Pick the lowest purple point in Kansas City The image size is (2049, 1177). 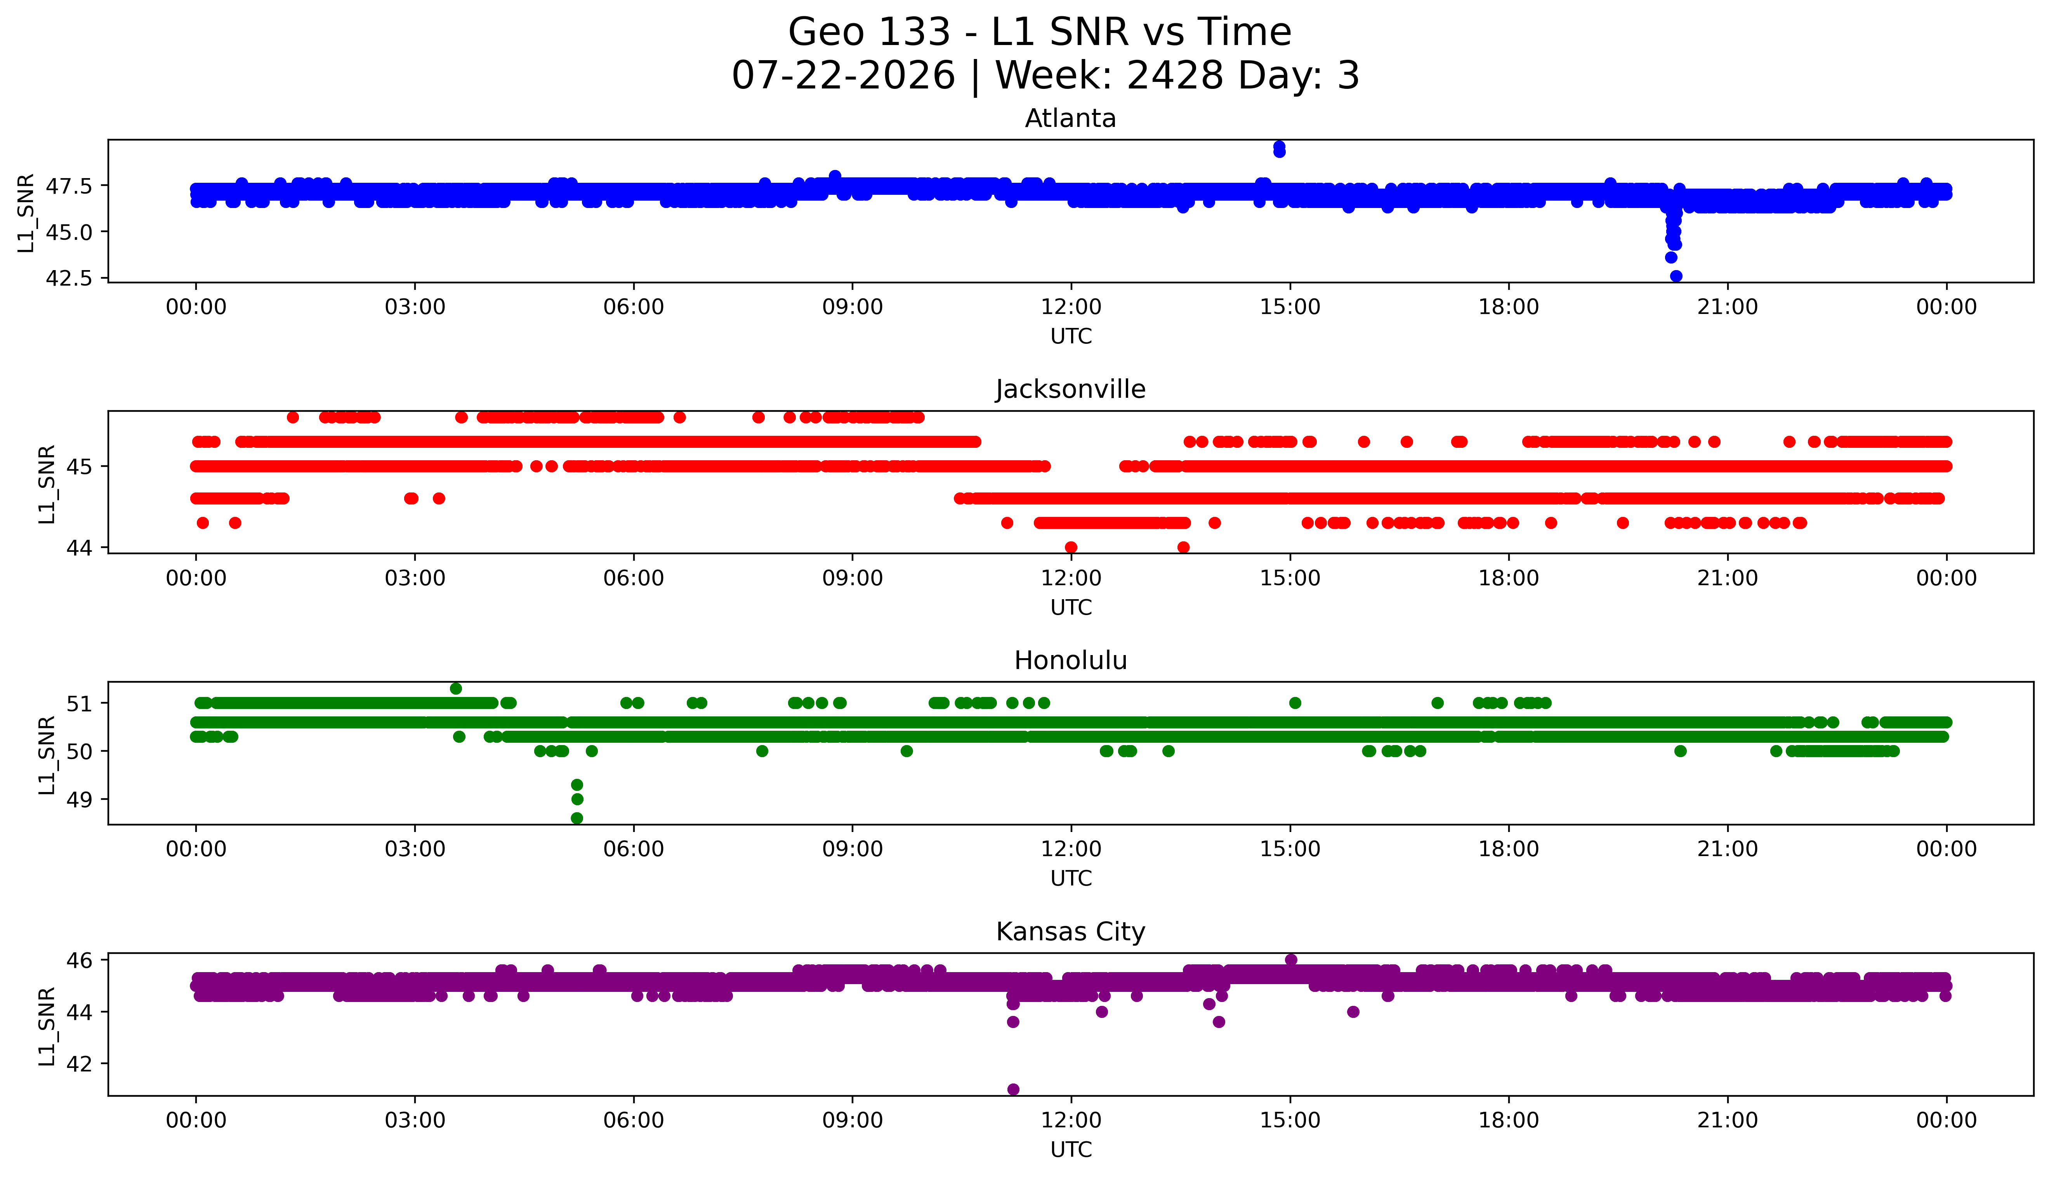coord(1013,1089)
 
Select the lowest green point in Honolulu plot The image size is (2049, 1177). coord(576,818)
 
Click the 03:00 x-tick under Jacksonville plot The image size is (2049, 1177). coord(415,578)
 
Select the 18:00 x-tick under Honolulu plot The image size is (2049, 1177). coord(1509,849)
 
